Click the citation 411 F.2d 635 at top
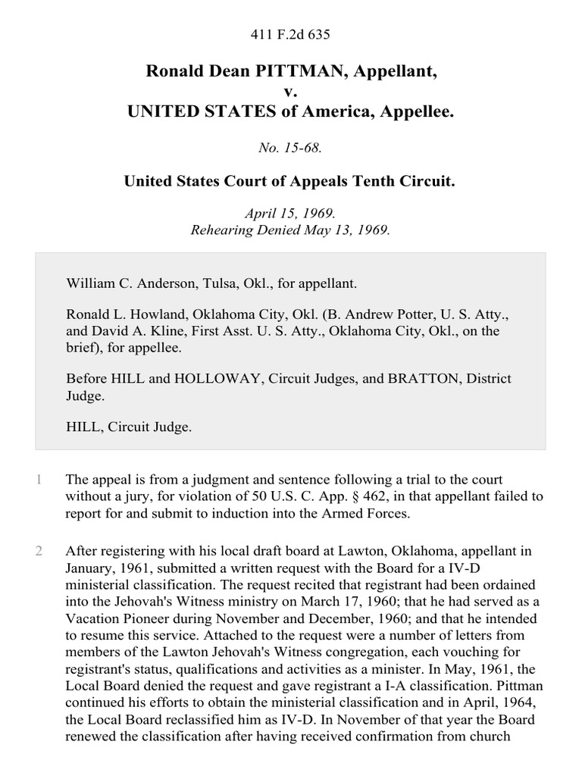290,34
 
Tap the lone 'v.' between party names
290,92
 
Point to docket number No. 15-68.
290,149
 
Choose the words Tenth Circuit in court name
406,183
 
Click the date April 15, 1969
290,214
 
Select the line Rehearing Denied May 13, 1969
290,230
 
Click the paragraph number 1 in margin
38,480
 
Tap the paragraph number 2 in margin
38,551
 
